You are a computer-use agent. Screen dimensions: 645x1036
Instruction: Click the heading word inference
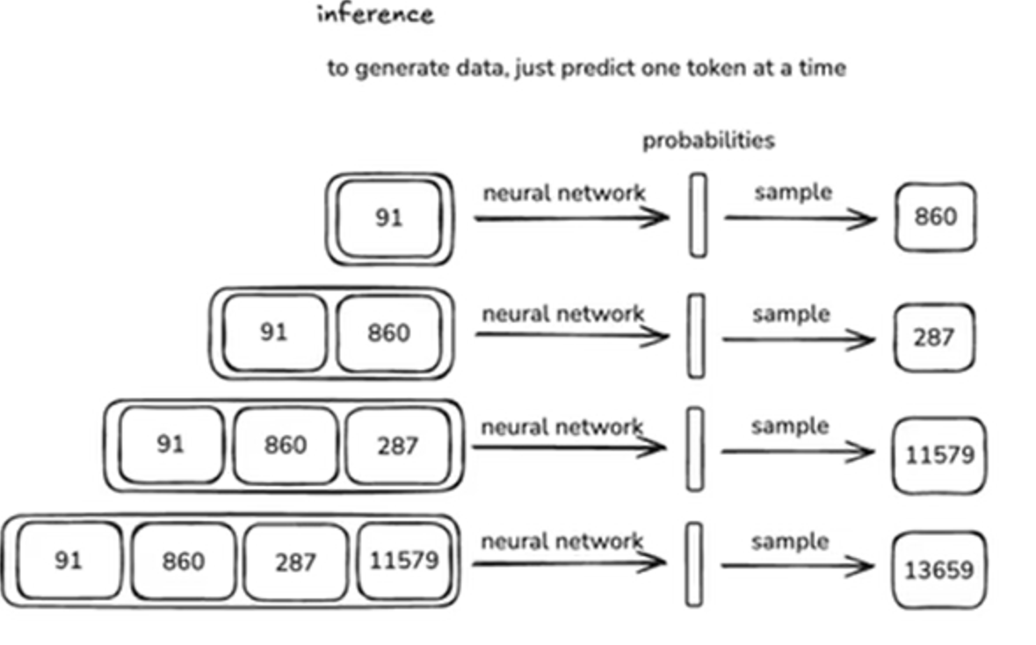coord(375,15)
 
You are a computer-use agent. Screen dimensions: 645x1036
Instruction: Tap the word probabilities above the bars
coord(708,141)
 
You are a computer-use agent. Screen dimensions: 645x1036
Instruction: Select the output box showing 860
coord(935,216)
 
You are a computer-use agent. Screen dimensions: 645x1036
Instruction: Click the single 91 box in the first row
coord(388,218)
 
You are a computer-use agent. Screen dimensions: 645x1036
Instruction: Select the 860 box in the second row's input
coord(388,333)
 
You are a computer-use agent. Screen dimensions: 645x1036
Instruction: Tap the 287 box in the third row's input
coord(397,446)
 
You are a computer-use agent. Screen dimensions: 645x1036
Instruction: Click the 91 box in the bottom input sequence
coord(68,560)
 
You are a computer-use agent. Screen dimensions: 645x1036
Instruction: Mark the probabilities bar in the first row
coord(698,215)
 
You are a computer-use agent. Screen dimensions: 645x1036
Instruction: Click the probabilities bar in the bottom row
coord(694,564)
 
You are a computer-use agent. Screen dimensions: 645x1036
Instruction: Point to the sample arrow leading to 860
coord(800,217)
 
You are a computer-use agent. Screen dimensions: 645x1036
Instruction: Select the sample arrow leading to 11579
coord(797,452)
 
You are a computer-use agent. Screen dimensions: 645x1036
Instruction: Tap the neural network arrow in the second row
coord(571,335)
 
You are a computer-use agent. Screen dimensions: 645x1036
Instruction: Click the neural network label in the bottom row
coord(562,541)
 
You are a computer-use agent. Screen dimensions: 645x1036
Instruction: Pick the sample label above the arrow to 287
coord(791,314)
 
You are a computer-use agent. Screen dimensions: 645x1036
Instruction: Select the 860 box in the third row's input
coord(286,446)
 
